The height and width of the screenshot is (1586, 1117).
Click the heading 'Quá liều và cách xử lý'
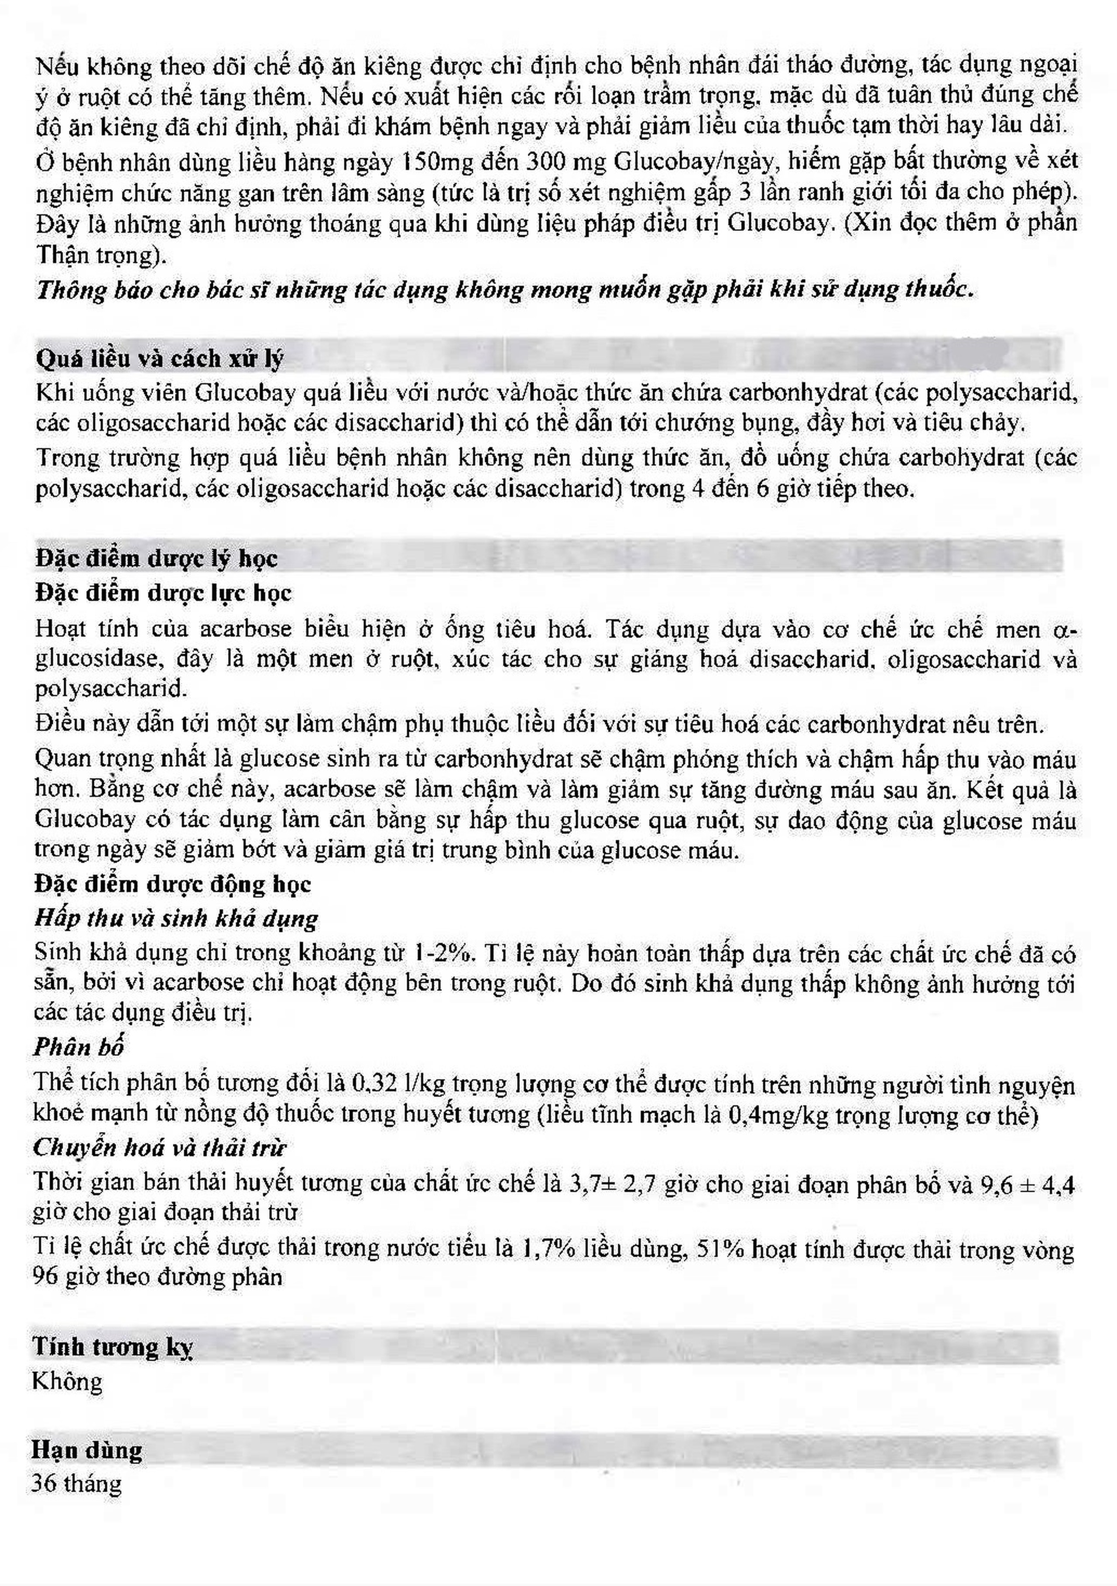click(x=160, y=358)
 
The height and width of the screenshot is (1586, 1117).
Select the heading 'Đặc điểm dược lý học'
click(x=156, y=558)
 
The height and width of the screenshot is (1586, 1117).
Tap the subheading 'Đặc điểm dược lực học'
click(x=163, y=593)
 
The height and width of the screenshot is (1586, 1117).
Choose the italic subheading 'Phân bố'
click(x=79, y=1047)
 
